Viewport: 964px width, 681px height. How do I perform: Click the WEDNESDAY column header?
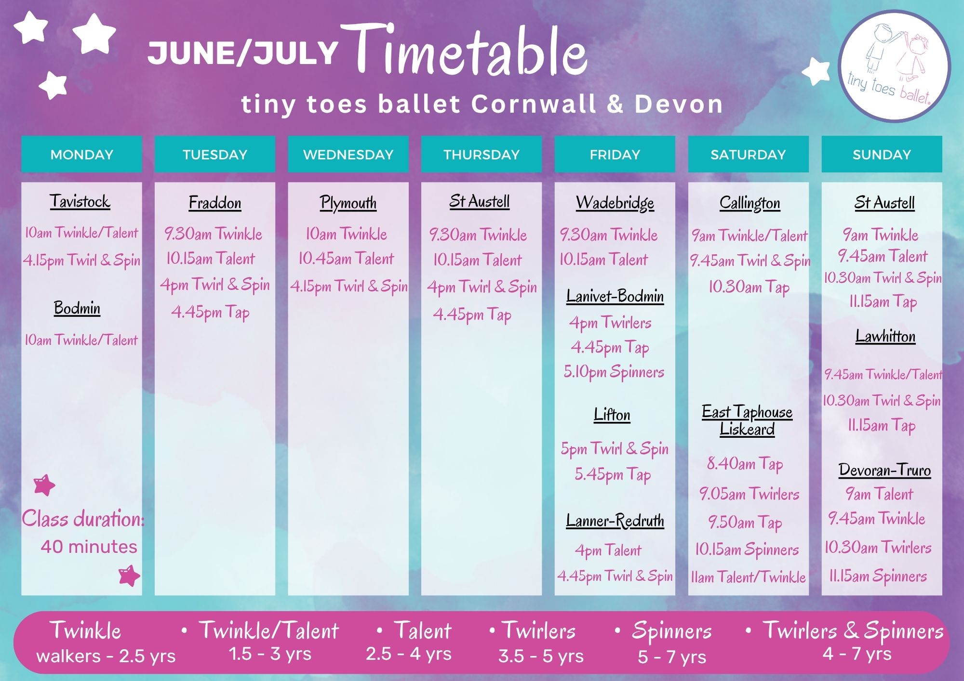coord(348,154)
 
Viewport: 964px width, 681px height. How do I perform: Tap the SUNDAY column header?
coord(882,154)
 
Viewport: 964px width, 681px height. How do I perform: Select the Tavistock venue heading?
coord(80,201)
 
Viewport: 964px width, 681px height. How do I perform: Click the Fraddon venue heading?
coord(215,203)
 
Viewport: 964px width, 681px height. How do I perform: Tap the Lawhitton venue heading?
coord(885,336)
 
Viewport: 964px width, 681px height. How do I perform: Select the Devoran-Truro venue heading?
coord(884,470)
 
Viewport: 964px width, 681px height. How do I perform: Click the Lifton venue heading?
coord(612,414)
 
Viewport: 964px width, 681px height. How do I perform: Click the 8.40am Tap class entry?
coord(745,464)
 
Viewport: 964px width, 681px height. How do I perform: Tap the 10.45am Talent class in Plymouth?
coord(346,259)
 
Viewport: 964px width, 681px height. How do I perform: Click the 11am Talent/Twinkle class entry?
coord(748,577)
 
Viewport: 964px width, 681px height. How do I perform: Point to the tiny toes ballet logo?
coord(895,66)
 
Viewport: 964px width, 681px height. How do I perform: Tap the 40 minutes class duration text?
coord(89,547)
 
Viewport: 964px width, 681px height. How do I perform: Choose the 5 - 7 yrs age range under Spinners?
coord(672,656)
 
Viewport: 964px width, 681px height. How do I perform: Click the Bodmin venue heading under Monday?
coord(77,308)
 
